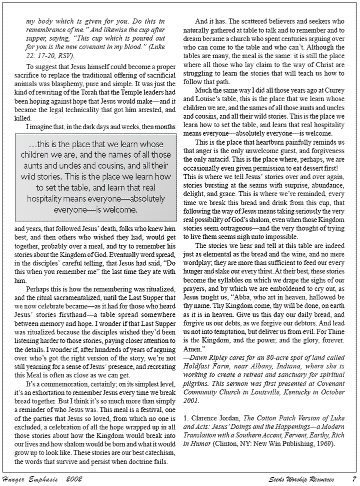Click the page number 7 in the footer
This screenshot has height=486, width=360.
353,479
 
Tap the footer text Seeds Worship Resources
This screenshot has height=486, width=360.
301,479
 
